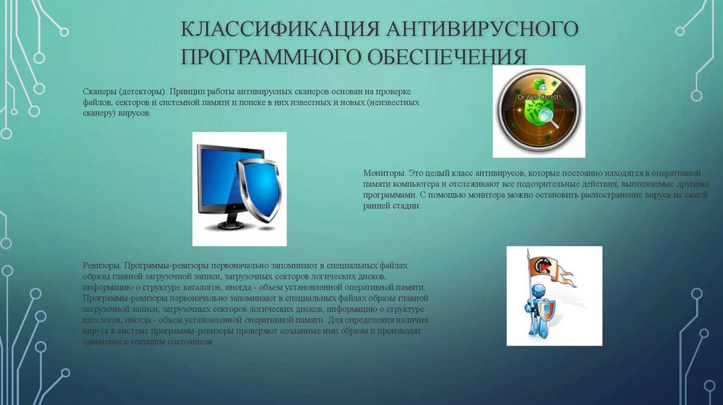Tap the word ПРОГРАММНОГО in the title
270,57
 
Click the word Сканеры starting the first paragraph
99,92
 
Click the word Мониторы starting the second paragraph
383,172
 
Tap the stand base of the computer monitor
227,224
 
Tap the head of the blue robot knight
539,291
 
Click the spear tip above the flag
529,251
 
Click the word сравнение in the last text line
101,341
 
